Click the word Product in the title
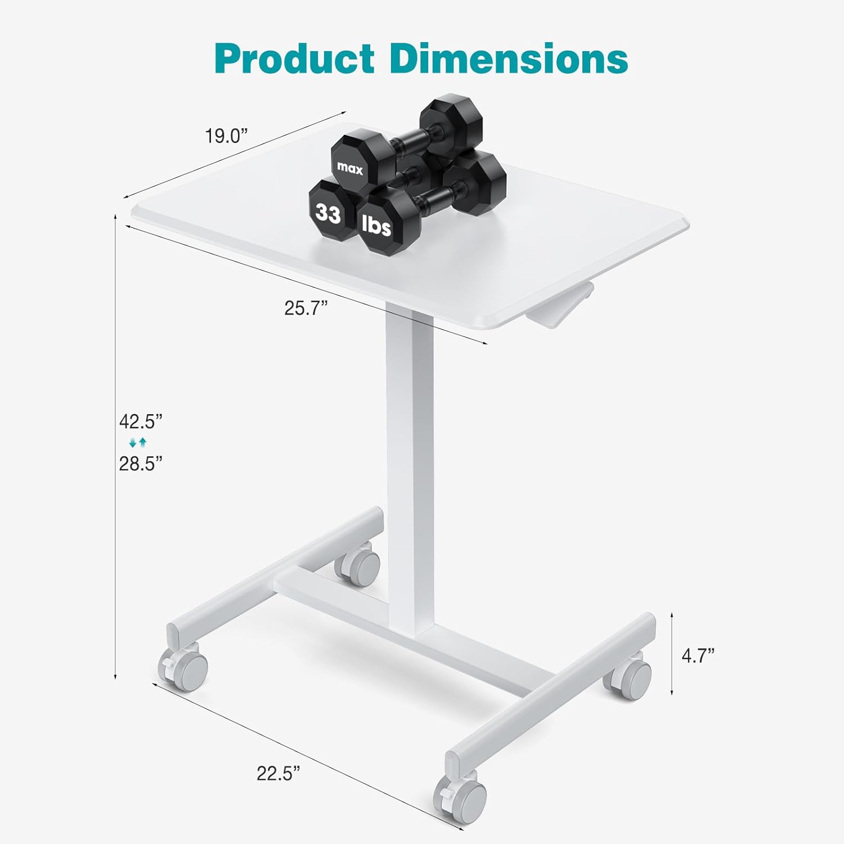[294, 59]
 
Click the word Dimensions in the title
[509, 59]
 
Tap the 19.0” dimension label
[226, 136]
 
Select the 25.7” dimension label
[306, 308]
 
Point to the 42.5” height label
[141, 421]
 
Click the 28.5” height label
[141, 464]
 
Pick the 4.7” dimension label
[698, 655]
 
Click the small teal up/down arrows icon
[138, 442]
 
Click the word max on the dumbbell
[350, 168]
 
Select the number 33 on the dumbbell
[328, 213]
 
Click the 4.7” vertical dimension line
[672, 654]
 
